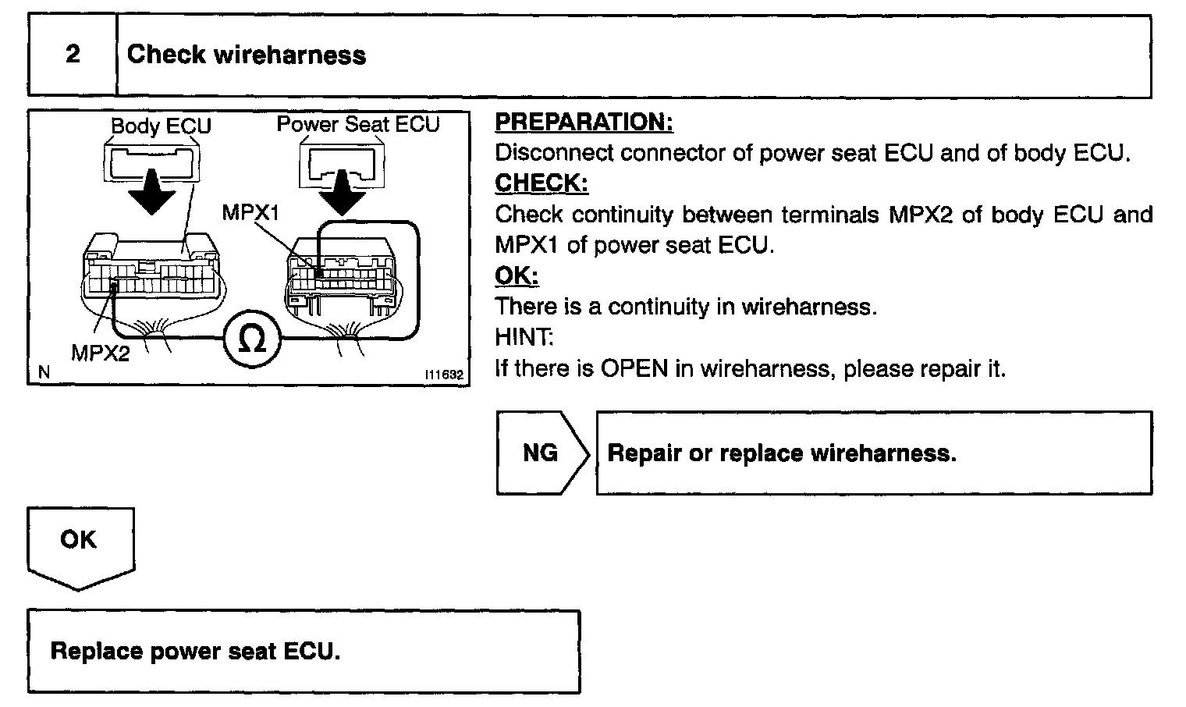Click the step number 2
pyautogui.click(x=73, y=55)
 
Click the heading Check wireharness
pyautogui.click(x=246, y=55)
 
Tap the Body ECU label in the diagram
pyautogui.click(x=161, y=126)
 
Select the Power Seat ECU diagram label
pyautogui.click(x=358, y=124)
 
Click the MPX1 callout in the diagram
pyautogui.click(x=250, y=212)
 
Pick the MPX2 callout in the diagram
pyautogui.click(x=101, y=353)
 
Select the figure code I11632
pyautogui.click(x=444, y=375)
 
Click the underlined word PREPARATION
pyautogui.click(x=584, y=123)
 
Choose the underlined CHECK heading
pyautogui.click(x=542, y=183)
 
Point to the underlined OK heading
pyautogui.click(x=517, y=275)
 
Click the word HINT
pyautogui.click(x=524, y=337)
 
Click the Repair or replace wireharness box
pyautogui.click(x=874, y=453)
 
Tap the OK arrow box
pyautogui.click(x=80, y=544)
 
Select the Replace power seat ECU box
pyautogui.click(x=304, y=652)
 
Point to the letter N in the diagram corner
pyautogui.click(x=44, y=373)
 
